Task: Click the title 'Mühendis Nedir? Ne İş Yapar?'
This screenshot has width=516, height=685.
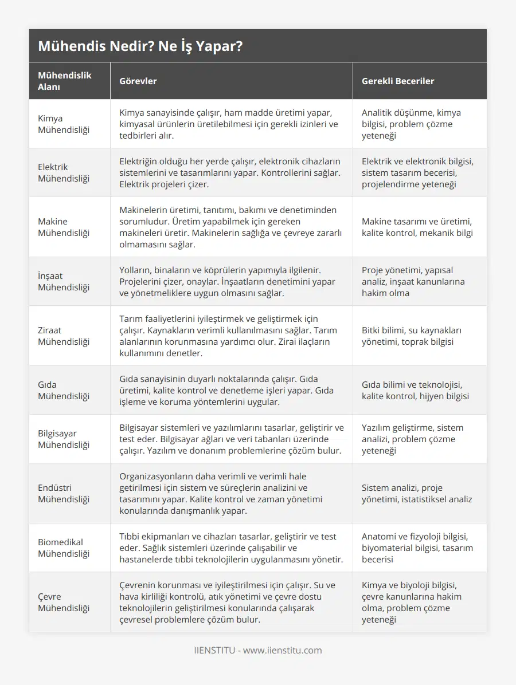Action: (140, 46)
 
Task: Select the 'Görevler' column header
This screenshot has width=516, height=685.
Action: (138, 81)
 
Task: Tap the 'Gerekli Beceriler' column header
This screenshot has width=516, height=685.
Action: (397, 81)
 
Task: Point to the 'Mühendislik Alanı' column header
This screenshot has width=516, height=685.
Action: (65, 81)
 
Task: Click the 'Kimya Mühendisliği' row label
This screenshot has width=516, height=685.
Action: (64, 124)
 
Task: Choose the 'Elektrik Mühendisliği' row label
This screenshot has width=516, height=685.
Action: (64, 173)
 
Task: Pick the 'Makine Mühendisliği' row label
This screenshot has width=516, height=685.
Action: (64, 227)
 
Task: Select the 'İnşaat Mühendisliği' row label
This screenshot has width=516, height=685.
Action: (64, 282)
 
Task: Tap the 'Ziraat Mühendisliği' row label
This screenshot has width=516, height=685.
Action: (64, 336)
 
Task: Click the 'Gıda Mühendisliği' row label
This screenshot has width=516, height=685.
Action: (64, 391)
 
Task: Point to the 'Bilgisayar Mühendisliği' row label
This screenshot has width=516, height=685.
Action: (64, 439)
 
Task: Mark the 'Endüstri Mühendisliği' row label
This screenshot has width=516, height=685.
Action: (64, 494)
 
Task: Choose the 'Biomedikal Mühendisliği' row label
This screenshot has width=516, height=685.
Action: (64, 548)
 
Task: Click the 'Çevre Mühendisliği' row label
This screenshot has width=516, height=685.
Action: (64, 603)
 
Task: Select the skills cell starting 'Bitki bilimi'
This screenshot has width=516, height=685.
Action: (412, 336)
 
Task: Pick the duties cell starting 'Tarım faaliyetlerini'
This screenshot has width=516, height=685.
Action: (227, 336)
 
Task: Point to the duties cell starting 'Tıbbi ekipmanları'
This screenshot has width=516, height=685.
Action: (230, 548)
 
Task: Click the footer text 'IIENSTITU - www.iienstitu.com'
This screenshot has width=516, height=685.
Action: (257, 651)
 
